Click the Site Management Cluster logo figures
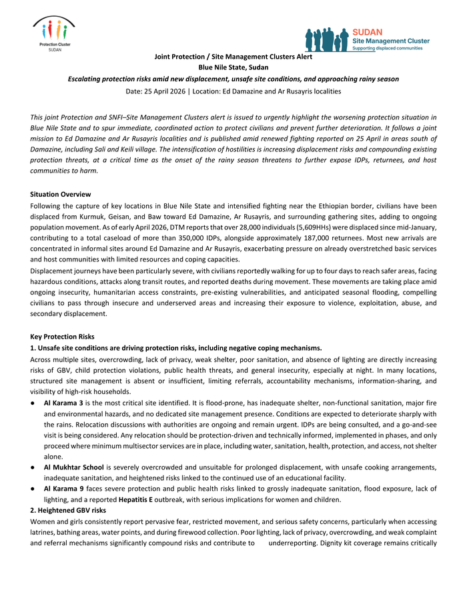(328, 39)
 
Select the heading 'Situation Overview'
(61, 194)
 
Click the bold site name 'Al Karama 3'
(63, 404)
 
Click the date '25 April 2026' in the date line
(164, 91)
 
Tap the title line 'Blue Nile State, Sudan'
(233, 67)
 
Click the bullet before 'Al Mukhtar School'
(33, 467)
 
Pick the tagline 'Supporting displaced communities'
(388, 49)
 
